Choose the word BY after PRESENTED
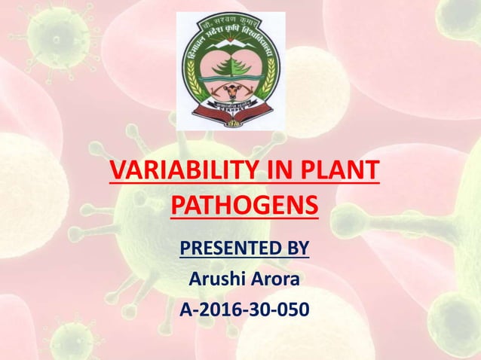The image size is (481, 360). [x=296, y=247]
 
